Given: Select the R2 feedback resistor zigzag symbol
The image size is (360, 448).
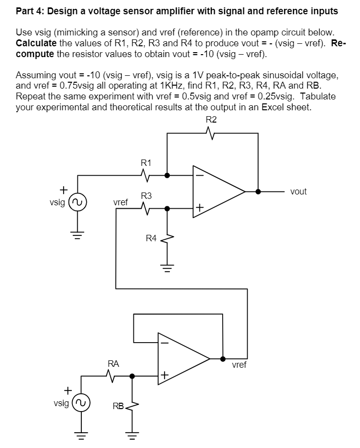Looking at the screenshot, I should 211,133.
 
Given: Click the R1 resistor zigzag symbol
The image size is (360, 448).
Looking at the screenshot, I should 146,175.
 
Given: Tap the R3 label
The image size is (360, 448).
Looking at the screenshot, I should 146,196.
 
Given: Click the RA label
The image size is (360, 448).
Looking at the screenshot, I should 113,364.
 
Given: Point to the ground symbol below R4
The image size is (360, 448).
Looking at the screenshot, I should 167,269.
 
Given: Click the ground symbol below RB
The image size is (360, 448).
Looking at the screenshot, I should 131,435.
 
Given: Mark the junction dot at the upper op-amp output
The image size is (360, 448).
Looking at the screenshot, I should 258,191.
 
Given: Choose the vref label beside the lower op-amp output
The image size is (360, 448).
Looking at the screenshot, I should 239,365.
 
